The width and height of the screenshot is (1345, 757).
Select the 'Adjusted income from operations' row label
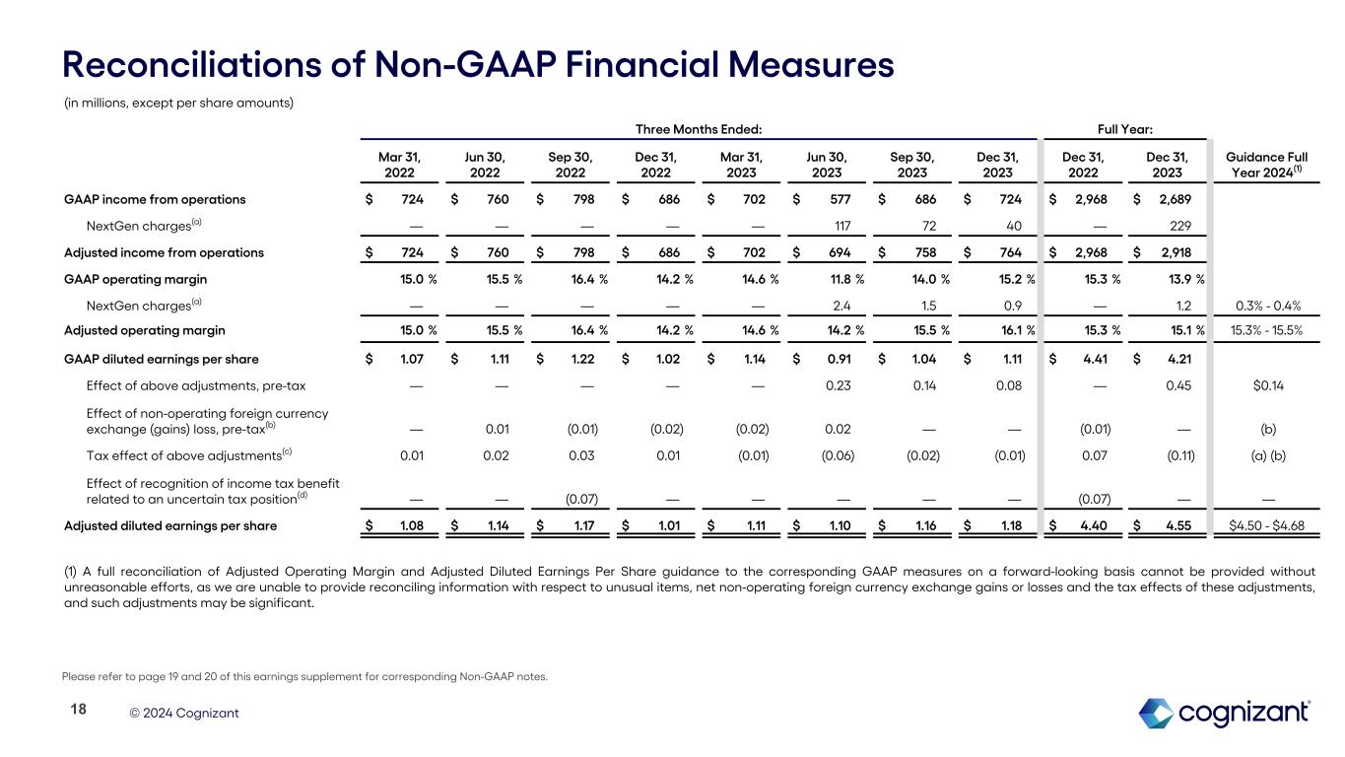point(164,252)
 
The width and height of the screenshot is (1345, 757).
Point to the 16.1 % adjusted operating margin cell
point(1006,330)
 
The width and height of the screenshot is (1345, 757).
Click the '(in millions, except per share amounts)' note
point(178,103)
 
